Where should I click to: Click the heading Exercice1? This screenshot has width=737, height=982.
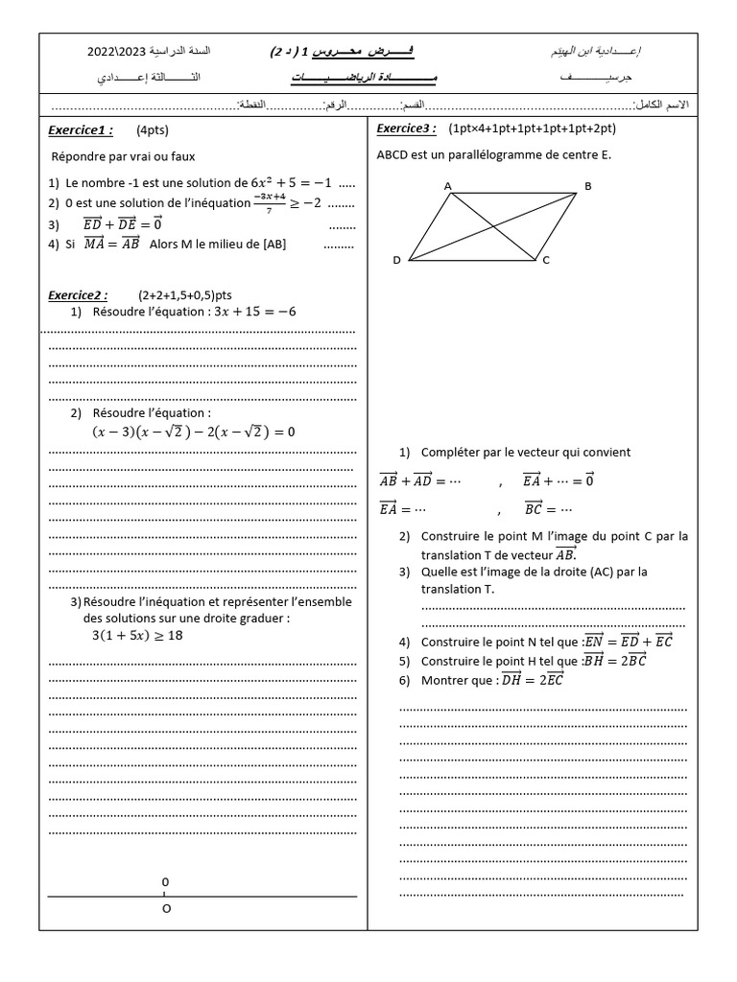(80, 130)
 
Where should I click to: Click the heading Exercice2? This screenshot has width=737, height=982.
(78, 294)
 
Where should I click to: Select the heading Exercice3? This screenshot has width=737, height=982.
(407, 129)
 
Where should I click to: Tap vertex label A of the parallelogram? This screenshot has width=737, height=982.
(448, 186)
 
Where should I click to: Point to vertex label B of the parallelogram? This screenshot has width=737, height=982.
(588, 186)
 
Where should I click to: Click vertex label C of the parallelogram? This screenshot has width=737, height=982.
(545, 260)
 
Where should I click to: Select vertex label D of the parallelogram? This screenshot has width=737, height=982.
(397, 260)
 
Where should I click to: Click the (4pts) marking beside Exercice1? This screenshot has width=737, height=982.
(153, 130)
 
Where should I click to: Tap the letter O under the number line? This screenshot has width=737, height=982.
(166, 909)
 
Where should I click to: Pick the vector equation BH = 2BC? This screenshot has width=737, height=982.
(615, 661)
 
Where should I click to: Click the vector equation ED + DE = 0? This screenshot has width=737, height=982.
(124, 223)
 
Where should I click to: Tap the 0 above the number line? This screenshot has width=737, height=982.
(165, 881)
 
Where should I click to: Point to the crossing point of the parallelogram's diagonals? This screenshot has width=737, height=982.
(493, 226)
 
